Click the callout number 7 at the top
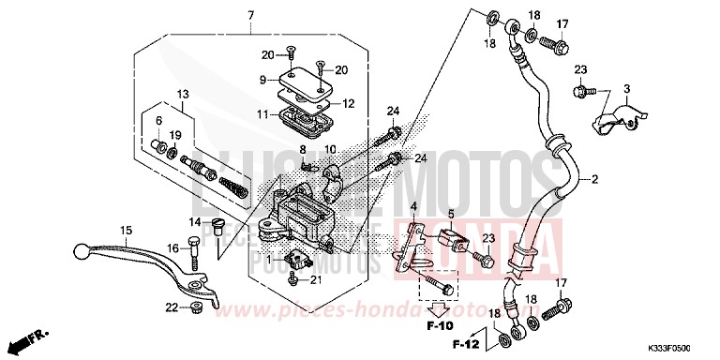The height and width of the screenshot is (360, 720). pyautogui.click(x=251, y=14)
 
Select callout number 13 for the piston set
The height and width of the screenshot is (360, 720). pyautogui.click(x=181, y=94)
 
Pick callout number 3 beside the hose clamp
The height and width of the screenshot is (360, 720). pyautogui.click(x=626, y=88)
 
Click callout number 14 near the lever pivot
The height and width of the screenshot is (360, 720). pyautogui.click(x=196, y=221)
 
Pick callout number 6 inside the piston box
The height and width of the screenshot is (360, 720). pyautogui.click(x=158, y=121)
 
